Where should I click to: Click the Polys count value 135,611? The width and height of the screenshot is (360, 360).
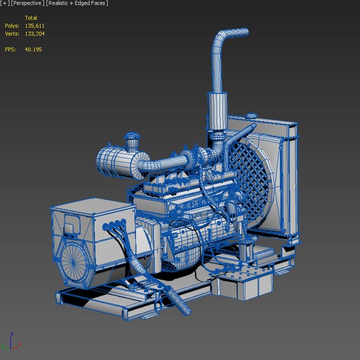[x=34, y=26]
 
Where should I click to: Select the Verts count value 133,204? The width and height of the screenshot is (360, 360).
[x=35, y=34]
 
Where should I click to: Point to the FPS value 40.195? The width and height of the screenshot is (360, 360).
[x=34, y=49]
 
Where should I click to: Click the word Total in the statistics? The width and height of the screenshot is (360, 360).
[x=31, y=18]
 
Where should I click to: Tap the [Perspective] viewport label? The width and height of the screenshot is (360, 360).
[x=27, y=3]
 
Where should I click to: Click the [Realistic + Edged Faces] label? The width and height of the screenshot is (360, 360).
[x=77, y=3]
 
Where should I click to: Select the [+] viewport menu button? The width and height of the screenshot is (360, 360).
[x=5, y=3]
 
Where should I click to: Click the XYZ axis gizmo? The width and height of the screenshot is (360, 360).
[x=10, y=342]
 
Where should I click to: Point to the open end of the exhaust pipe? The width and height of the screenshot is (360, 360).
[x=246, y=32]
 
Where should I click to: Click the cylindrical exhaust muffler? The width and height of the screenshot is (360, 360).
[x=217, y=111]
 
